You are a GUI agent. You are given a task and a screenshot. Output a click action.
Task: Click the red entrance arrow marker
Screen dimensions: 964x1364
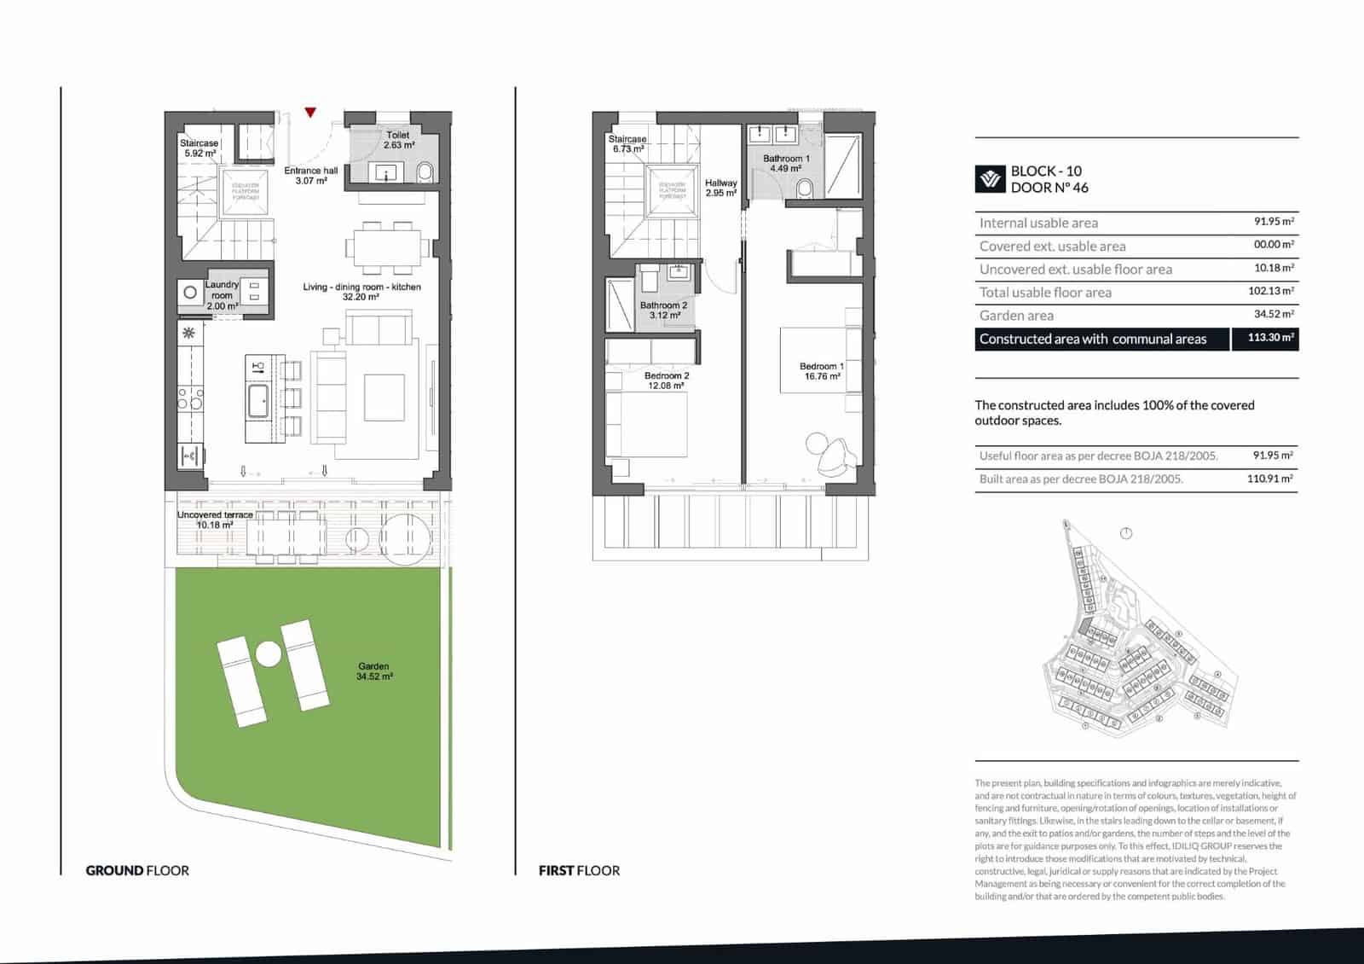(x=310, y=112)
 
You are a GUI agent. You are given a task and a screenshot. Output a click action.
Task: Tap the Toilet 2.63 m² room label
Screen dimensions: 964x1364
(x=398, y=140)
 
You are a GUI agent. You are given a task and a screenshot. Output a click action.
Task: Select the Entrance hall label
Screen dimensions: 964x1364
(x=311, y=176)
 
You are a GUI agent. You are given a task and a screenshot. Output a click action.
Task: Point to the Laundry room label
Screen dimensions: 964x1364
(x=223, y=295)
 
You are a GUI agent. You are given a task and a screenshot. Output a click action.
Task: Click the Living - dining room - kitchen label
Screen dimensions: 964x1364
(x=361, y=292)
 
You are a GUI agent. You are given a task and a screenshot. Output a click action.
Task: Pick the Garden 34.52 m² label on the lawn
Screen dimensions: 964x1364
(x=374, y=671)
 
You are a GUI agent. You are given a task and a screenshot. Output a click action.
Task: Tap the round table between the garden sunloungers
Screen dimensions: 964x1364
(x=268, y=654)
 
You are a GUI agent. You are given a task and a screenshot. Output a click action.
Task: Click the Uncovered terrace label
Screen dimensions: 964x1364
(x=215, y=520)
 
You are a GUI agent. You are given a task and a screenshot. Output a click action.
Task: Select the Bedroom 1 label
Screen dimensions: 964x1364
(x=822, y=371)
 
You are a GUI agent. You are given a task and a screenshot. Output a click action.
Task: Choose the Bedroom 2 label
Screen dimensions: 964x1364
(x=667, y=380)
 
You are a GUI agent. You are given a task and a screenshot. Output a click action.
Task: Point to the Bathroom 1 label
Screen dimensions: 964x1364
(x=786, y=164)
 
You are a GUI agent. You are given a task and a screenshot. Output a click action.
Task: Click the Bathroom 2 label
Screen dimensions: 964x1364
(x=663, y=310)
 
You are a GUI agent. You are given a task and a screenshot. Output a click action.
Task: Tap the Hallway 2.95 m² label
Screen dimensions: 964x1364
(x=720, y=188)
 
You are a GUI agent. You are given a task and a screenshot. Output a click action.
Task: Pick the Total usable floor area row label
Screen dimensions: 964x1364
(x=1045, y=293)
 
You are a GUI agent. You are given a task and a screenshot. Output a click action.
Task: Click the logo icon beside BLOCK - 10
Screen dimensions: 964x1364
(x=990, y=179)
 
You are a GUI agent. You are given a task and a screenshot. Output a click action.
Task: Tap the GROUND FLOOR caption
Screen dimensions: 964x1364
(x=137, y=870)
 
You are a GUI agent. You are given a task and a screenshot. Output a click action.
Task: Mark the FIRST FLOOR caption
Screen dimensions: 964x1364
(x=579, y=870)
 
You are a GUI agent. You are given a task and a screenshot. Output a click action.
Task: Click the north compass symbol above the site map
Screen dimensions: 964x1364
(x=1126, y=533)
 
